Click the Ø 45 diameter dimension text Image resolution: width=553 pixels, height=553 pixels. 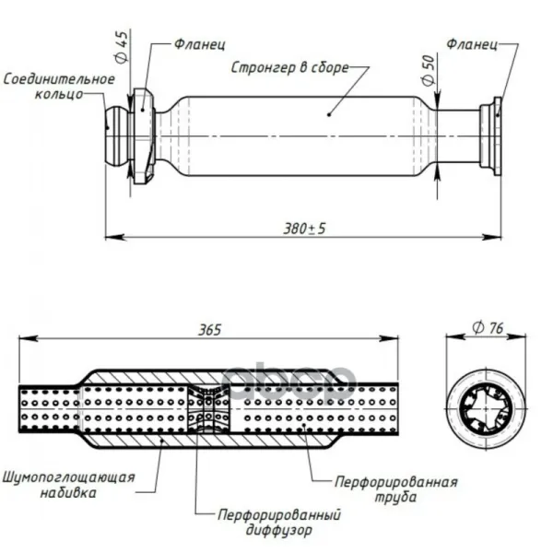tap(122, 47)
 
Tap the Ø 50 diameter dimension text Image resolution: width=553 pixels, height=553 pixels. tap(429, 71)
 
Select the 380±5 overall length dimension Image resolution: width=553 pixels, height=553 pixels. tap(305, 229)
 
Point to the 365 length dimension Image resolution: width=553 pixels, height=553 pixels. tap(210, 330)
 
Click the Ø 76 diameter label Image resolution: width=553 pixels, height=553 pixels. tap(488, 328)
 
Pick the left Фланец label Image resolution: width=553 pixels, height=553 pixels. tap(200, 44)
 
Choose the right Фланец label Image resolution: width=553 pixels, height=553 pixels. tap(472, 44)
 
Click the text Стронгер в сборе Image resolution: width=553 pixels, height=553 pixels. tap(290, 67)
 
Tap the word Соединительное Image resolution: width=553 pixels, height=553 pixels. tap(59, 79)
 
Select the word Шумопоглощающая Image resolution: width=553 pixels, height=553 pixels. tap(69, 477)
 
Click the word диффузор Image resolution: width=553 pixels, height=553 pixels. tap(279, 530)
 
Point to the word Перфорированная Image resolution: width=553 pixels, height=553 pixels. tap(396, 482)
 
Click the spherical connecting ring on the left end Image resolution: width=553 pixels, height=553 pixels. tap(118, 135)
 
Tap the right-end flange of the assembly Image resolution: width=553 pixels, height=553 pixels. tap(491, 136)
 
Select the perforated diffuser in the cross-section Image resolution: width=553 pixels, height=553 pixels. tap(208, 408)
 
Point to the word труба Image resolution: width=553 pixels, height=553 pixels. tap(395, 498)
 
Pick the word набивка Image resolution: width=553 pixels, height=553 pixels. tap(68, 493)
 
